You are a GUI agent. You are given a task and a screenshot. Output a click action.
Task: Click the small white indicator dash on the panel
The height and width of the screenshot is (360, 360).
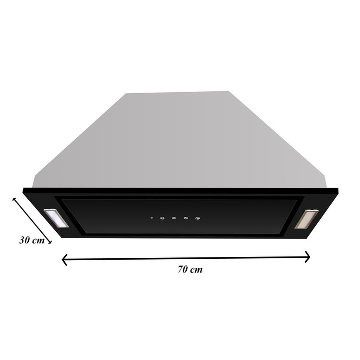tap(152, 218)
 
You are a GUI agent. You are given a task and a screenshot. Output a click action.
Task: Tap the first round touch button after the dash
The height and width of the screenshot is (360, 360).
tap(162, 218)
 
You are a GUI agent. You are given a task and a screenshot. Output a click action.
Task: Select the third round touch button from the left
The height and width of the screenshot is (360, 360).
tap(186, 218)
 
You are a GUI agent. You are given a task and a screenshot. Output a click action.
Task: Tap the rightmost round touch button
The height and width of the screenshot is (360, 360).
tap(197, 218)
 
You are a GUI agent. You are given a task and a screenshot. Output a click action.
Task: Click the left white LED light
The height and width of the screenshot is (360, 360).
tap(56, 218)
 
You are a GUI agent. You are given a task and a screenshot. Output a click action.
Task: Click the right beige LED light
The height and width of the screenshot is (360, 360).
tap(307, 219)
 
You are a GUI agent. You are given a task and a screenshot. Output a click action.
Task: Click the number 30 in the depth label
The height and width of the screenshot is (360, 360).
tap(24, 240)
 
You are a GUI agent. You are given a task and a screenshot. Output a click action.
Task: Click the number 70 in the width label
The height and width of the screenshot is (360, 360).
tap(183, 269)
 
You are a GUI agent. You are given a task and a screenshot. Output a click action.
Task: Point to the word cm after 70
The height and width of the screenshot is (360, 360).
tap(196, 270)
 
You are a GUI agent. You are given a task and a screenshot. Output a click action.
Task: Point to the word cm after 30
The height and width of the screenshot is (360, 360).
tap(38, 241)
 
